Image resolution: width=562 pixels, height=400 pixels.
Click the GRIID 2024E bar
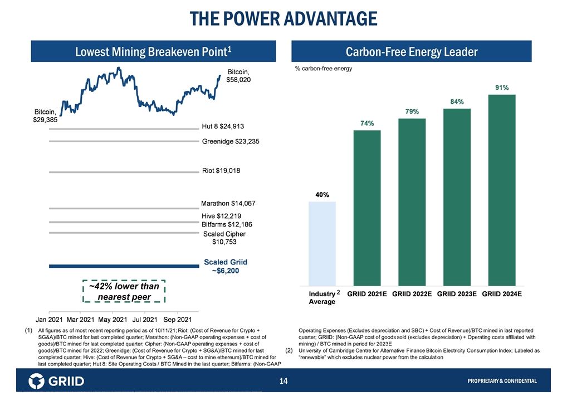pyautogui.click(x=501, y=190)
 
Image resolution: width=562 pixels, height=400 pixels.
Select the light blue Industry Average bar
pyautogui.click(x=322, y=243)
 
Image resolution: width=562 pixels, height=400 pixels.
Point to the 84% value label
pyautogui.click(x=457, y=101)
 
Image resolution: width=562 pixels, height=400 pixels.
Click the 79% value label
pyautogui.click(x=412, y=112)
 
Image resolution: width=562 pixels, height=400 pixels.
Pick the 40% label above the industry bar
pyautogui.click(x=322, y=195)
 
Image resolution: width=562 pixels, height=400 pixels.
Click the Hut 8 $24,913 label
pyautogui.click(x=223, y=126)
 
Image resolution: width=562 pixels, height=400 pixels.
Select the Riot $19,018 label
pyautogui.click(x=221, y=171)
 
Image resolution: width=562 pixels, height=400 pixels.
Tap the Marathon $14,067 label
pyautogui.click(x=228, y=204)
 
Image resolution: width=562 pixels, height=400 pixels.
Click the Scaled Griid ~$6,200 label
pyautogui.click(x=226, y=266)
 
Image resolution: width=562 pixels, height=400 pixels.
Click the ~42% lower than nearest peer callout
pyautogui.click(x=124, y=291)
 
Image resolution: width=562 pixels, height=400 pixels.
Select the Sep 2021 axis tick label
pyautogui.click(x=177, y=320)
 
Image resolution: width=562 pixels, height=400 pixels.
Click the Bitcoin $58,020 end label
pyautogui.click(x=238, y=76)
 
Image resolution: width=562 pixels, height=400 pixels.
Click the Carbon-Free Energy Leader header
pyautogui.click(x=412, y=52)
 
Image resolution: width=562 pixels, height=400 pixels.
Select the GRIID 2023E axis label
pyautogui.click(x=457, y=293)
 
